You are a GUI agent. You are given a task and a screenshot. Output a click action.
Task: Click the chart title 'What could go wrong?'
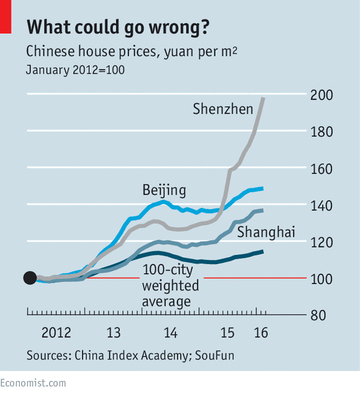(x=118, y=27)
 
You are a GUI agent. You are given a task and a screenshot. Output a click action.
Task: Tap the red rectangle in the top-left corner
(x=6, y=17)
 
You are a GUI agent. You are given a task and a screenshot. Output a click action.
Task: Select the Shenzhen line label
(x=223, y=109)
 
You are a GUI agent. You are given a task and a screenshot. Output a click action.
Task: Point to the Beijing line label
(x=164, y=190)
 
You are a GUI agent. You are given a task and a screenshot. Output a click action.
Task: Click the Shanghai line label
(x=266, y=232)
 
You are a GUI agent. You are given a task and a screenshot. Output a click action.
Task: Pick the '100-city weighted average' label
(x=171, y=285)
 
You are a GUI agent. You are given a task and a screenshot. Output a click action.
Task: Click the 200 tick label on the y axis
(x=322, y=95)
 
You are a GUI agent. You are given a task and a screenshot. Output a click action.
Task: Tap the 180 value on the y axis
(x=322, y=132)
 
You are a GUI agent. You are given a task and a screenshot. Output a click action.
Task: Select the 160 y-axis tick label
(x=322, y=169)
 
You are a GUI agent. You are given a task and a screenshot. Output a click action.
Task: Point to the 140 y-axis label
(x=322, y=206)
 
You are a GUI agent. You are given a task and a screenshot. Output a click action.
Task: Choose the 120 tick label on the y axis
(x=322, y=242)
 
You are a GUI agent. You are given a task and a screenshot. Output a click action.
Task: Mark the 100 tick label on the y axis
(x=322, y=279)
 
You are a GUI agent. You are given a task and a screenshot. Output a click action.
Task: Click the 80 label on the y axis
(x=318, y=315)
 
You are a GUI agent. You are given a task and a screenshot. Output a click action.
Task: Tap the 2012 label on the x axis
(x=56, y=332)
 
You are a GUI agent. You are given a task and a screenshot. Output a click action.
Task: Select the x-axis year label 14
(x=171, y=332)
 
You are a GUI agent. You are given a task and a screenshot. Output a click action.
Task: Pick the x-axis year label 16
(x=261, y=332)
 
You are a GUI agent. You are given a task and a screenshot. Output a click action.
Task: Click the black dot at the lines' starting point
(x=30, y=278)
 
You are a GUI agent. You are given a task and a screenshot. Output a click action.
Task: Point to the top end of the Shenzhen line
(x=263, y=98)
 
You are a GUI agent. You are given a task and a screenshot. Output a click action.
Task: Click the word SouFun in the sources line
(x=214, y=355)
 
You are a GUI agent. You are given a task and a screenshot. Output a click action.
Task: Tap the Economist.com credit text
(x=33, y=383)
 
